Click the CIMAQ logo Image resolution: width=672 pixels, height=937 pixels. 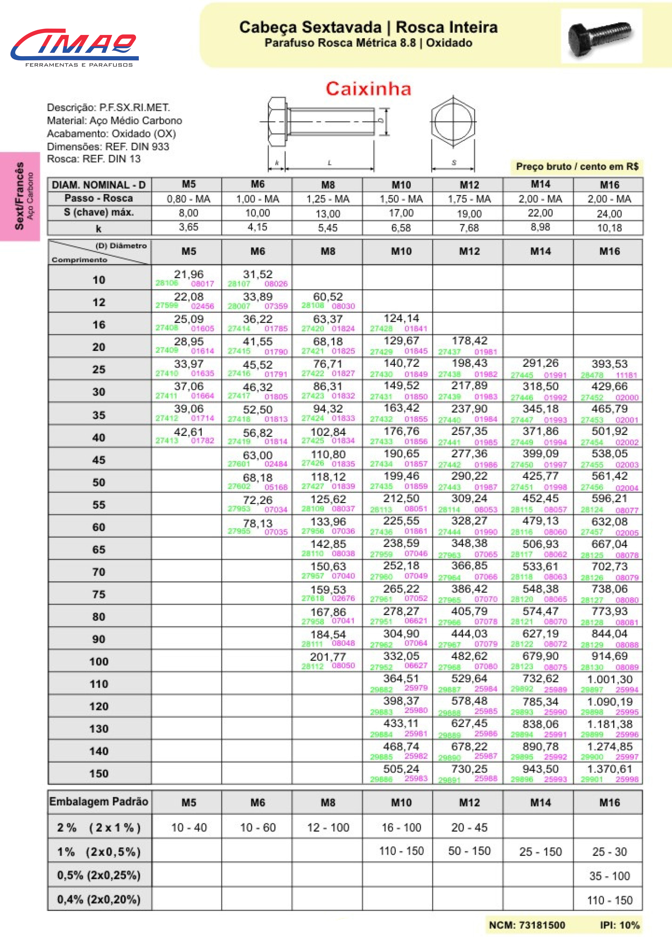tap(74, 45)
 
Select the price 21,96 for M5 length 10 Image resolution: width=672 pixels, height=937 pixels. tap(188, 274)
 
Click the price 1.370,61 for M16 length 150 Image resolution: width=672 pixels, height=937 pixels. tap(609, 769)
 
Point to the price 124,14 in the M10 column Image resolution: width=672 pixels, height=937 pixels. tap(401, 318)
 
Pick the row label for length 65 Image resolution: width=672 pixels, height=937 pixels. tap(99, 550)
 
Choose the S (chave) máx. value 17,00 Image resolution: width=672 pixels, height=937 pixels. tap(401, 213)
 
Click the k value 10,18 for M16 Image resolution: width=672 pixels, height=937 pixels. tap(609, 228)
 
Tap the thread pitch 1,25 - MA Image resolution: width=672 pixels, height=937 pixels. tap(328, 199)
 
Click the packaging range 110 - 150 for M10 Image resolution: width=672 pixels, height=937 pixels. tap(401, 851)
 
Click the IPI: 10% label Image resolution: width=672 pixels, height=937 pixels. tap(619, 925)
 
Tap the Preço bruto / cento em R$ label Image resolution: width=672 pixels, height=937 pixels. tap(577, 166)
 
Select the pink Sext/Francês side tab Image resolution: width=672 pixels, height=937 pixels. tap(20, 196)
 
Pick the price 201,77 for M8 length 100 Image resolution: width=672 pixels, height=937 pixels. tap(328, 657)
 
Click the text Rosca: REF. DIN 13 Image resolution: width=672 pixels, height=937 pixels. tap(94, 159)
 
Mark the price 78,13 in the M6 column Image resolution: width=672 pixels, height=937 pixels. tap(257, 523)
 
